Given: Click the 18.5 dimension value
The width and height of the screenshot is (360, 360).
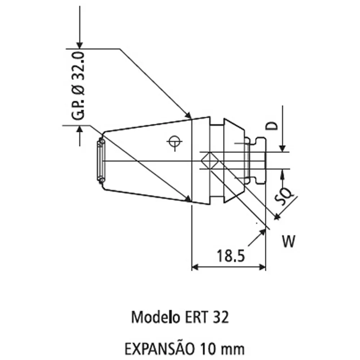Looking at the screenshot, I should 230,256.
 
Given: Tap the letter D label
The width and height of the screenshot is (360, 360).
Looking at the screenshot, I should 273,126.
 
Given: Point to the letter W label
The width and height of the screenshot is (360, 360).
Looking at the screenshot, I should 288,242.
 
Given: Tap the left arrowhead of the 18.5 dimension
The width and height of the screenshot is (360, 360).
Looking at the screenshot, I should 195,267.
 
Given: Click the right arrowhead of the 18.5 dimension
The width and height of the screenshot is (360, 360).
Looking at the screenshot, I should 262,267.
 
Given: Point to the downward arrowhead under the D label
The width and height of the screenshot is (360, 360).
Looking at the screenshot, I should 283,148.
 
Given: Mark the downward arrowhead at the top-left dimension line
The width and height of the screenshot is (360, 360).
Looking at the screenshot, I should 80,44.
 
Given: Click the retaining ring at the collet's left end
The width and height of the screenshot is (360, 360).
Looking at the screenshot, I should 100,161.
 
